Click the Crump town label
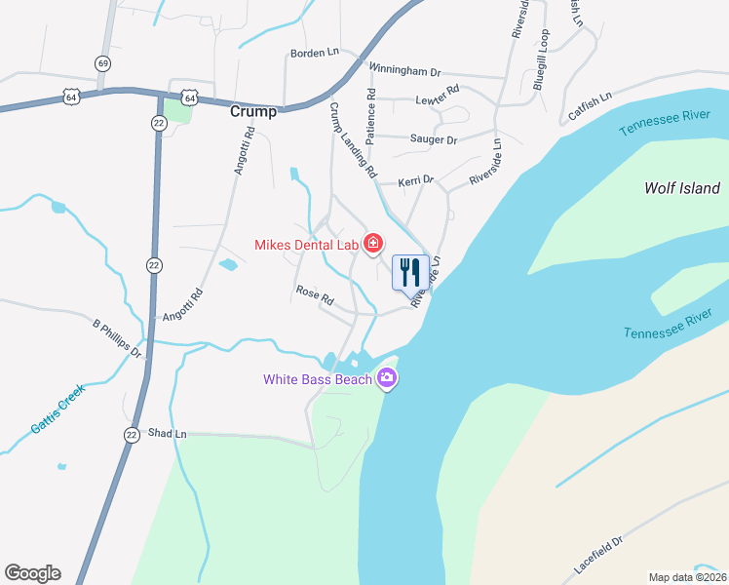(x=252, y=112)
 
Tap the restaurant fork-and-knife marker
(x=410, y=271)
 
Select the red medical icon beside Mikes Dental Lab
(x=372, y=244)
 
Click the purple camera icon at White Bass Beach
(x=388, y=378)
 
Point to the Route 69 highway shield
(x=103, y=62)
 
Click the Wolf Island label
(x=682, y=188)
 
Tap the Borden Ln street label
(x=313, y=53)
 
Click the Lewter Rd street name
(x=436, y=97)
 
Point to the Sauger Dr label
(x=435, y=140)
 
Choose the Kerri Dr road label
(x=415, y=182)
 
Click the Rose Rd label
(x=315, y=291)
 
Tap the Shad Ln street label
(x=167, y=433)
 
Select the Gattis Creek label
(x=58, y=408)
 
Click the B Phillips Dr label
(x=117, y=337)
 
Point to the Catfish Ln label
(x=590, y=107)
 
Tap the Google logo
(x=32, y=573)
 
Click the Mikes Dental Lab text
(x=306, y=245)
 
